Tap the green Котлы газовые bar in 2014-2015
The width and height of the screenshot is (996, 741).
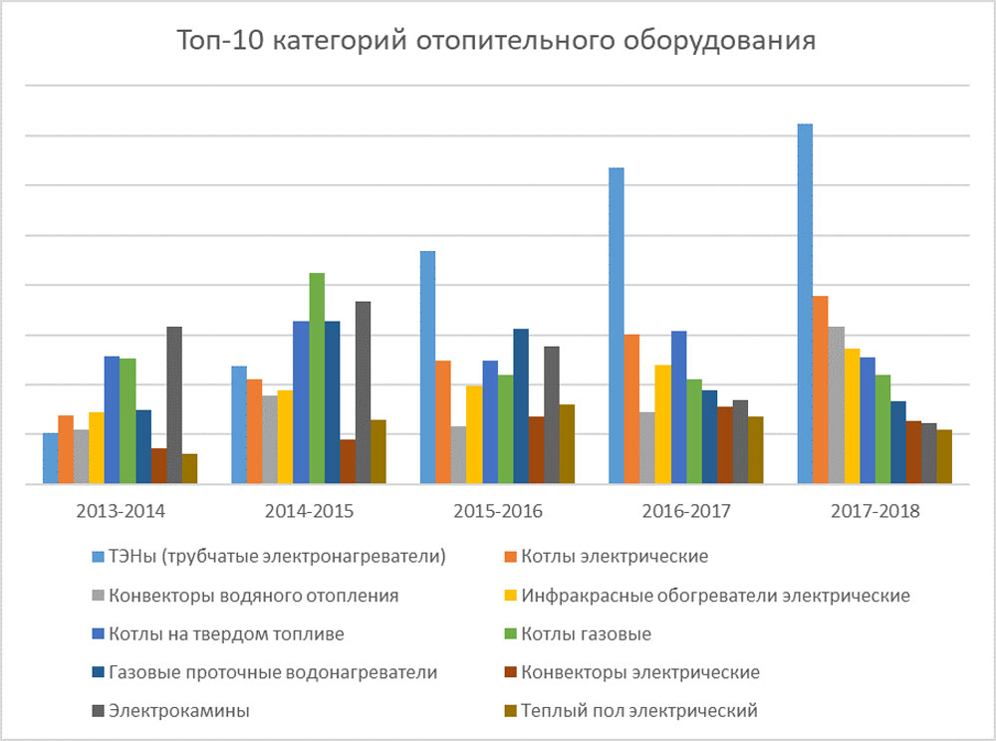[317, 378]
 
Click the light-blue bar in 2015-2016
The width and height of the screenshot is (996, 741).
[427, 368]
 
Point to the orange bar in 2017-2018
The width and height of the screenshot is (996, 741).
[821, 389]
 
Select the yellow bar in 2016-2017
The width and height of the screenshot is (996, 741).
[663, 424]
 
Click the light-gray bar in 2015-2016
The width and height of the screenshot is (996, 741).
[458, 455]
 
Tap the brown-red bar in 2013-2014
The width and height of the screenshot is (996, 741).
[159, 466]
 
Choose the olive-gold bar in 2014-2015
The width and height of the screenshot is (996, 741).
[378, 452]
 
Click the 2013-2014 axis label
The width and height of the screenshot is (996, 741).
[121, 512]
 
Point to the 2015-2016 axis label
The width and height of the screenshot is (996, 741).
[497, 512]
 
